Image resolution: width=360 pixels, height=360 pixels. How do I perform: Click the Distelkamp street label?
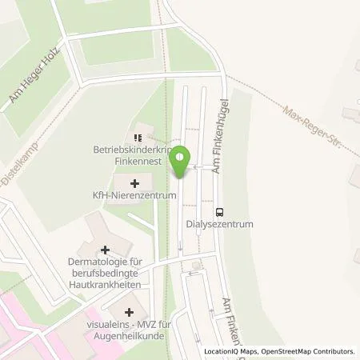tap(14, 166)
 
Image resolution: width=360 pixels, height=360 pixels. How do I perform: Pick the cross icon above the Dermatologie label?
tap(105, 250)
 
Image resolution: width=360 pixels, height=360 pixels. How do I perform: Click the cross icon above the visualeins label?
tap(130, 310)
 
